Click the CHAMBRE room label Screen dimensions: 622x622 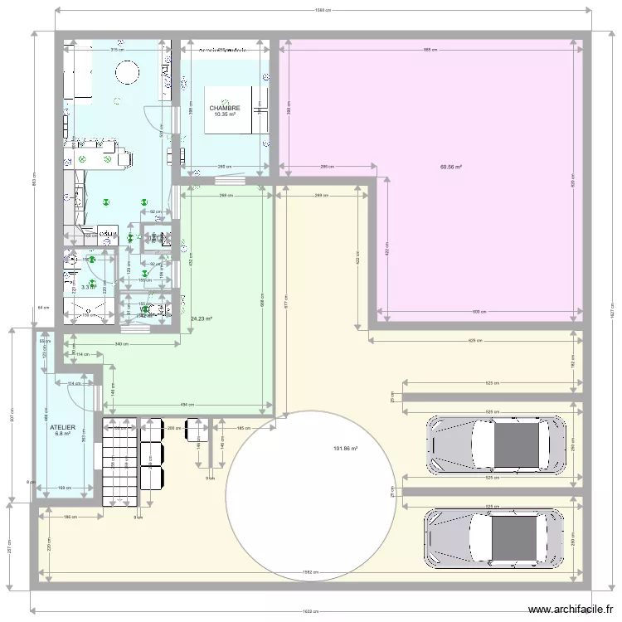pos(225,108)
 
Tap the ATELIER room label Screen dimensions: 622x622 pos(63,428)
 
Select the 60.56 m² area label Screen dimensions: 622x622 pos(451,167)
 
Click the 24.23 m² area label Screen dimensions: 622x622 pos(202,318)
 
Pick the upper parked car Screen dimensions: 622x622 pos(495,444)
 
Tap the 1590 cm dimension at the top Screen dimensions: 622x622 pos(323,11)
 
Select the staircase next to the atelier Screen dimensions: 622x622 pos(118,461)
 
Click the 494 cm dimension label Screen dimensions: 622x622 pos(190,405)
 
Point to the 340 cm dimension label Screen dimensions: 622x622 pos(121,343)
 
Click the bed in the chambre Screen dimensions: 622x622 pos(234,109)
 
